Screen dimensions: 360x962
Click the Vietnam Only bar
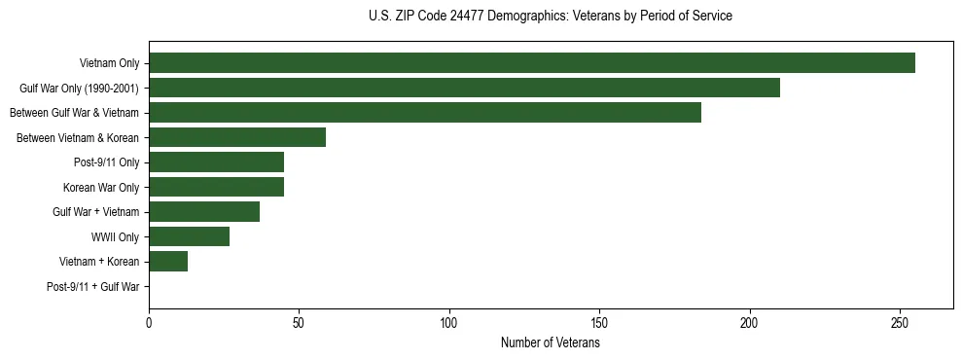(531, 63)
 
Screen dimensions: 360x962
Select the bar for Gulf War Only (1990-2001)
(464, 88)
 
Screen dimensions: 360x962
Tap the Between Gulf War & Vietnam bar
(425, 113)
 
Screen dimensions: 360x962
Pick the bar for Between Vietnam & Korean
(237, 137)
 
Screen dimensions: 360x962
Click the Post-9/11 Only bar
(216, 162)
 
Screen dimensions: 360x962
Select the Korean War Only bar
(216, 187)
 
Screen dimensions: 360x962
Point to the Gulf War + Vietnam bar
(204, 212)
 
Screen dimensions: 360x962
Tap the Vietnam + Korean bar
(168, 262)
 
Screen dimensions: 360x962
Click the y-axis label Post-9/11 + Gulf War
(92, 287)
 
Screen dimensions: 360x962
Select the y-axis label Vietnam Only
(109, 64)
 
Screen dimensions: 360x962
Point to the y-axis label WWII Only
(115, 237)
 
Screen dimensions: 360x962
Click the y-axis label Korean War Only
(101, 188)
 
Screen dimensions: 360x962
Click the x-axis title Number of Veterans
(550, 343)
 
